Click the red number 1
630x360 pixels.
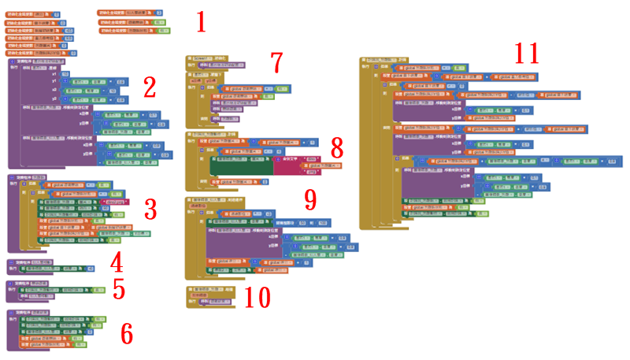pyautogui.click(x=201, y=21)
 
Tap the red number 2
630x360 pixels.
pyautogui.click(x=150, y=86)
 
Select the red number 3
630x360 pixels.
pyautogui.click(x=150, y=209)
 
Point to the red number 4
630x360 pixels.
pyautogui.click(x=116, y=261)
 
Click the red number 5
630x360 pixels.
pyautogui.click(x=118, y=289)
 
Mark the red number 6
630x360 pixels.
pyautogui.click(x=126, y=333)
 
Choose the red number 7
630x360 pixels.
pyautogui.click(x=276, y=62)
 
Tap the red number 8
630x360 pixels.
pyautogui.click(x=337, y=147)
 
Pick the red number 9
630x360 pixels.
pyautogui.click(x=310, y=199)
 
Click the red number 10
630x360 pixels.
pyautogui.click(x=257, y=297)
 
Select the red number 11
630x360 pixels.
pyautogui.click(x=527, y=54)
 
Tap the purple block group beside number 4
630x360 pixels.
pyautogui.click(x=47, y=266)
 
